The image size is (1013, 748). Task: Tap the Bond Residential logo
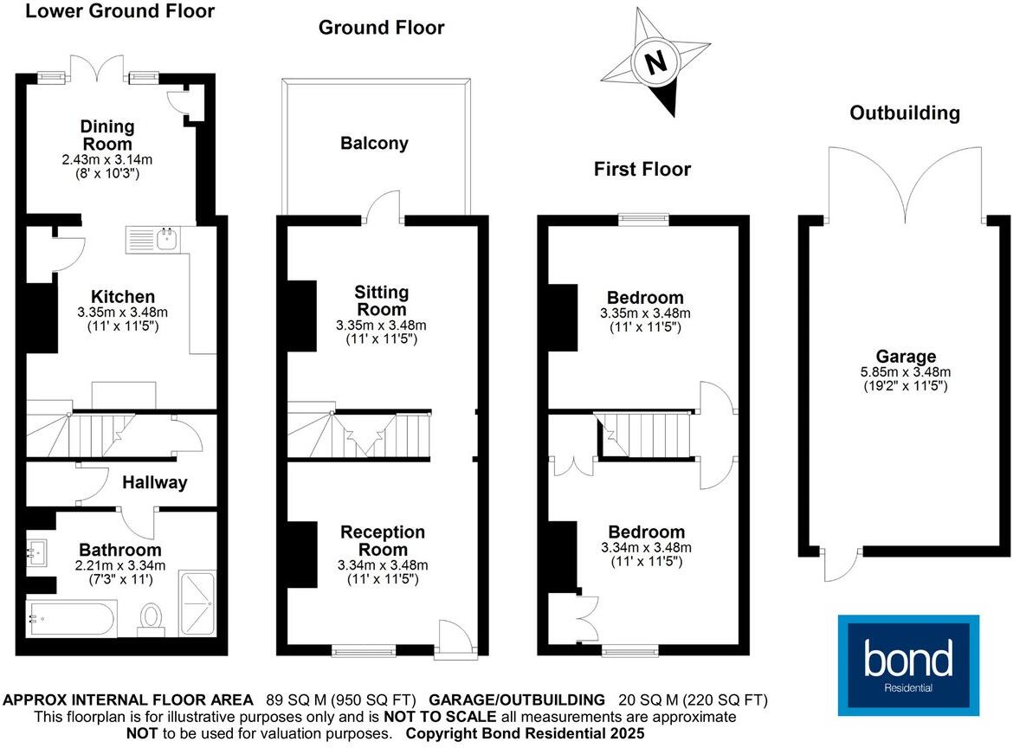click(x=908, y=665)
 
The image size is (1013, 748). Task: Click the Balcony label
click(x=374, y=144)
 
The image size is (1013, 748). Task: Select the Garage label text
click(x=906, y=356)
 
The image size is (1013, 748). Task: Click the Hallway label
click(x=154, y=483)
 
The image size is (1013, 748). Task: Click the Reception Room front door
click(x=455, y=640)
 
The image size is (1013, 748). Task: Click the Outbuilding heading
click(x=905, y=113)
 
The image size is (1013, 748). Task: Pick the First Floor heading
click(x=642, y=169)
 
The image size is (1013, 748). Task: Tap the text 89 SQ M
click(x=300, y=700)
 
